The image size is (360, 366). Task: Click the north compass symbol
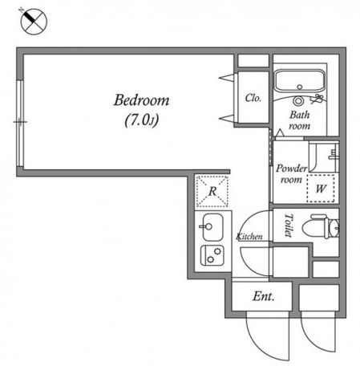34,22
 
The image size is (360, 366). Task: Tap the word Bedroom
142,100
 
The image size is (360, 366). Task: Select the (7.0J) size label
142,120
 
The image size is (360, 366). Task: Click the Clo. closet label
253,98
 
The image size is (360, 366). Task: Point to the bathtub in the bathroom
300,81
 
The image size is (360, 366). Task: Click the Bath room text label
300,120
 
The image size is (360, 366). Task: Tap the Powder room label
291,174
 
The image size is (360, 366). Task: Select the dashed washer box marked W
321,189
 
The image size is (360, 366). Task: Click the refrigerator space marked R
212,191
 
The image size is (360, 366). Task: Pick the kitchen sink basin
212,226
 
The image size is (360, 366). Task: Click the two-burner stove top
212,255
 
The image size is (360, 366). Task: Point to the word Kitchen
249,237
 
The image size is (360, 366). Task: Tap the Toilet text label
289,226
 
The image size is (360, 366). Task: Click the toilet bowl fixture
321,227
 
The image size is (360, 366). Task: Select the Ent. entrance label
264,296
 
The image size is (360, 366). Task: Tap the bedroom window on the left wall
20,124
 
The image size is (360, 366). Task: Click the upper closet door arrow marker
227,78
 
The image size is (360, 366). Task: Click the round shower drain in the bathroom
298,101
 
